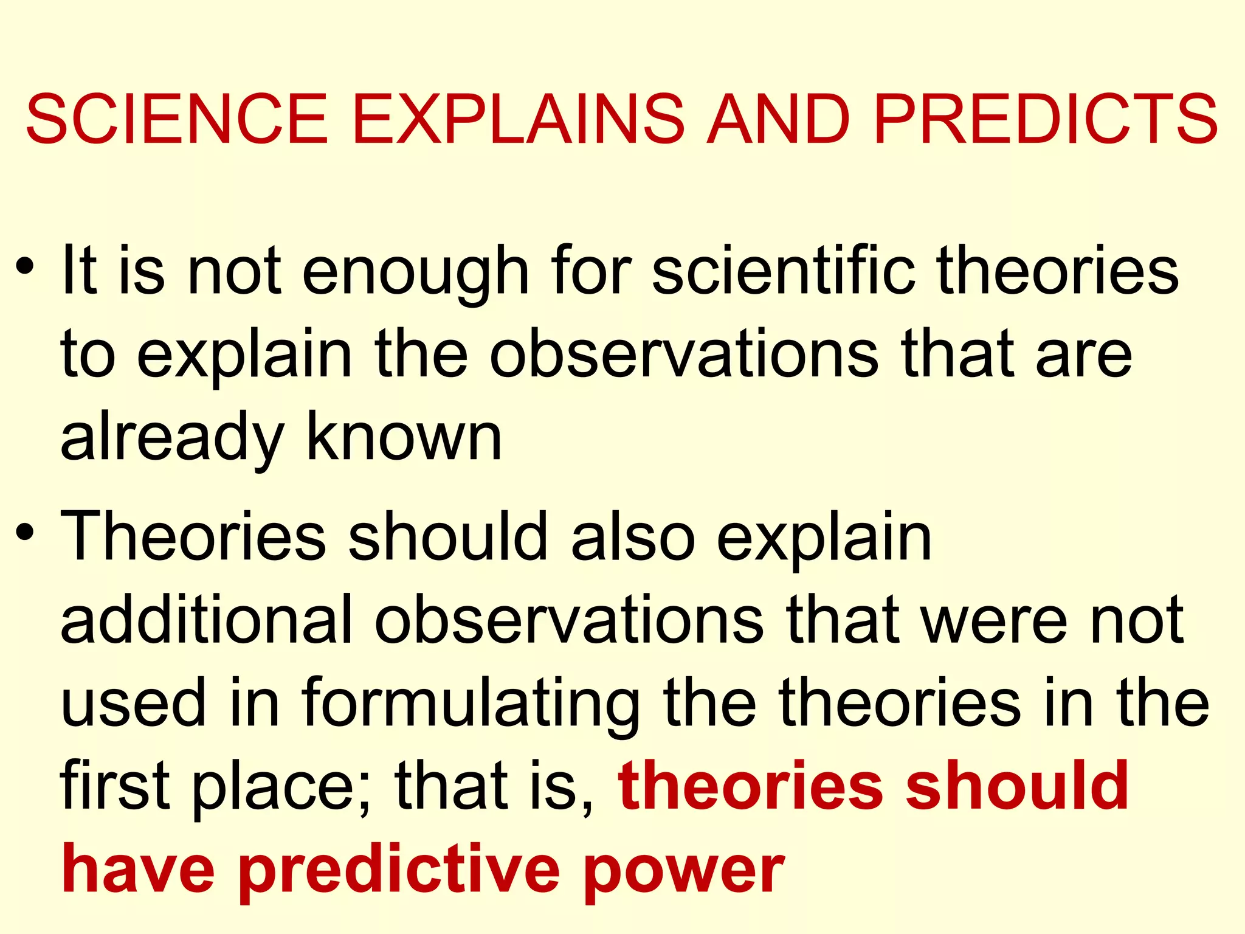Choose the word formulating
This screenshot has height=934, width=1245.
[x=471, y=705]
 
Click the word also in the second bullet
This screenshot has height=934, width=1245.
[x=633, y=536]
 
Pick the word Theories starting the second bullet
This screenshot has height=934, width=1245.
[x=194, y=536]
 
